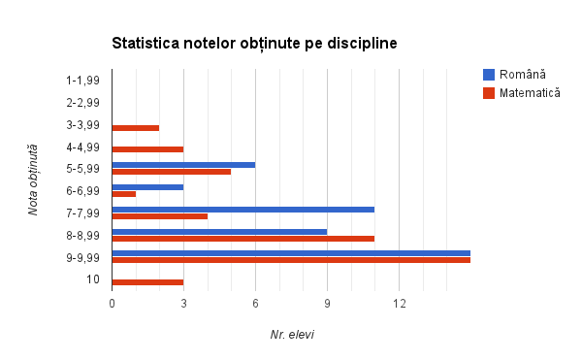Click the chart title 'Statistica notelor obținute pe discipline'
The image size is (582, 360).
(x=254, y=44)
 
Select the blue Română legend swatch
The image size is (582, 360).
(x=489, y=75)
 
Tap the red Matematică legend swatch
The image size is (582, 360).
(x=489, y=93)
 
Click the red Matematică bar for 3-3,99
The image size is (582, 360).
(x=136, y=127)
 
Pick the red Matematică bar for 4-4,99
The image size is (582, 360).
(x=147, y=149)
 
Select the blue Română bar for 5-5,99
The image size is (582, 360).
(x=183, y=165)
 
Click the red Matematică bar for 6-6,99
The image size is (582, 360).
(x=124, y=193)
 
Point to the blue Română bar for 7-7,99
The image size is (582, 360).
(x=242, y=209)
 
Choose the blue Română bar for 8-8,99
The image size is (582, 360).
(x=219, y=231)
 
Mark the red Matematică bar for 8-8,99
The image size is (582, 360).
(x=242, y=238)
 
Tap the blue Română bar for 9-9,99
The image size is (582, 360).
(x=291, y=253)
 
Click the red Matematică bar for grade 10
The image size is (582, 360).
(x=147, y=281)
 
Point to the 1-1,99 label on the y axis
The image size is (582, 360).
(x=83, y=80)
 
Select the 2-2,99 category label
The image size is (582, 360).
(x=83, y=102)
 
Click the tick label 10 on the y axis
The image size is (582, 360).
(x=93, y=279)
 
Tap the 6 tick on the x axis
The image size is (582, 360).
(x=255, y=304)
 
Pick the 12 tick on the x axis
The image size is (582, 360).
(x=399, y=304)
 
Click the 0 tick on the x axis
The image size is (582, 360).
(x=113, y=304)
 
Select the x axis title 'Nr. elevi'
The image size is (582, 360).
(x=292, y=335)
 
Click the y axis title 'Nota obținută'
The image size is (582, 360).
(x=33, y=180)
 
